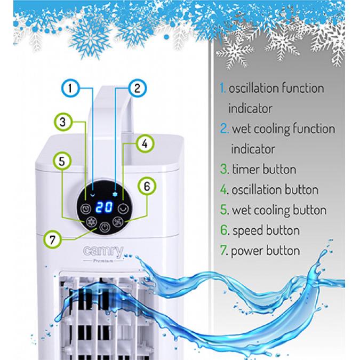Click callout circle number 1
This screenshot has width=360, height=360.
pos(70,89)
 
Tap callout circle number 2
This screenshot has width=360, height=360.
pos(137,88)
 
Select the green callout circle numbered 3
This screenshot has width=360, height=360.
pos(63,122)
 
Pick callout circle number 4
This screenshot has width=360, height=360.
pos(145,143)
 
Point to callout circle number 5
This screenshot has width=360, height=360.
pos(62,161)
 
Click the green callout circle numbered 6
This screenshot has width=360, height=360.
pos(147,186)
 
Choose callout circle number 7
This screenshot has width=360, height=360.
pos(53,240)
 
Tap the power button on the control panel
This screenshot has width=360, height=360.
pos(105,227)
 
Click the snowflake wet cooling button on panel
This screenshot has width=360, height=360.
pos(91,222)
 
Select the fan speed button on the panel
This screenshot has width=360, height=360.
pos(118,221)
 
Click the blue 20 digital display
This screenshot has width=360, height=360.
pos(105,206)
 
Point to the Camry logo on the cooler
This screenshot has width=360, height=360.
pos(103,251)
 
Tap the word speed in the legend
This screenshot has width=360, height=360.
pos(247,231)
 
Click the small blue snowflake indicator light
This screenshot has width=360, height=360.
pos(115,194)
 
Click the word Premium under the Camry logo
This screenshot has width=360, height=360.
pos(103,261)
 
